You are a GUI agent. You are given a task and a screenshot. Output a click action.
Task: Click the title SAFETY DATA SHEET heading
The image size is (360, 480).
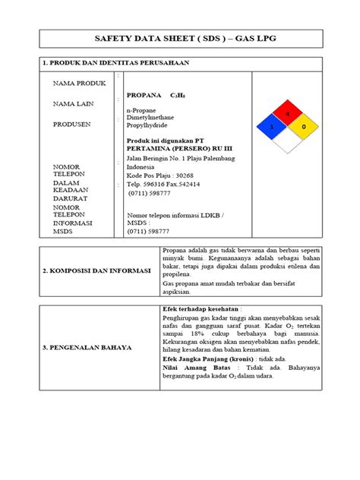point(179,37)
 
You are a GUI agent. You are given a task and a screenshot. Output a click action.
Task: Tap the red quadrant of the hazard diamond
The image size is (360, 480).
point(287,113)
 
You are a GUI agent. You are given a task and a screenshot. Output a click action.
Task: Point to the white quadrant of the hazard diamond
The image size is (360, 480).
point(287,141)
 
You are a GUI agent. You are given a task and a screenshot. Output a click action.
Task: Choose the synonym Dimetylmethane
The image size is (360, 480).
point(151,118)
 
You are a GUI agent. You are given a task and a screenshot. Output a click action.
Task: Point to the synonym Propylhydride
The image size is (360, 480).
point(148,128)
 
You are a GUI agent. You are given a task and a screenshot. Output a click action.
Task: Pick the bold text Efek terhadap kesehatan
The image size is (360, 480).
point(197,310)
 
